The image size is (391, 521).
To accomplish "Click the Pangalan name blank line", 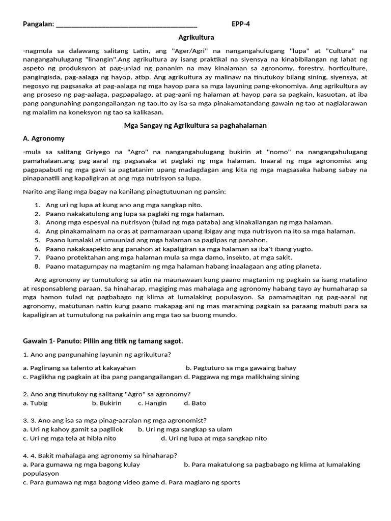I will click(126, 24).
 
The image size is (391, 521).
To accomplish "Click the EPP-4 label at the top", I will click(241, 24).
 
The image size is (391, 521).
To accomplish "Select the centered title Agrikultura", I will click(196, 38).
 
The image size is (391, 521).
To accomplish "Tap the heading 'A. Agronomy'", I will click(44, 138).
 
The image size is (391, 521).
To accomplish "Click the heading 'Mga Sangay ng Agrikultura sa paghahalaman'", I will click(195, 125).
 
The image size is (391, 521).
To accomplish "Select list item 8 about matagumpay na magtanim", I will click(183, 266).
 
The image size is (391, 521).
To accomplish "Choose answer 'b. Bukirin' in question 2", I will click(107, 403).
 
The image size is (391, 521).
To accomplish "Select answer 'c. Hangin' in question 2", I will click(152, 403).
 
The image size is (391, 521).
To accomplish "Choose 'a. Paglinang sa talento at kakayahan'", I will click(79, 368).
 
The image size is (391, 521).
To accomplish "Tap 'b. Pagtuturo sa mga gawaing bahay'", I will click(241, 368).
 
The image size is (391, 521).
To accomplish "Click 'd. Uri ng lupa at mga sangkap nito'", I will click(214, 438).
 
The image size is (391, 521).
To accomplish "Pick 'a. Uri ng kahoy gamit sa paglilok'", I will click(73, 429).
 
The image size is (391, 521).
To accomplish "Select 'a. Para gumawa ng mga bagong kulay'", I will click(81, 465).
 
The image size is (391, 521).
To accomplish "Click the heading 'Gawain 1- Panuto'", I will click(103, 341).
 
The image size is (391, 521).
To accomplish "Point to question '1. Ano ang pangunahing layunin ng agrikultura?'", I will click(97, 355).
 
